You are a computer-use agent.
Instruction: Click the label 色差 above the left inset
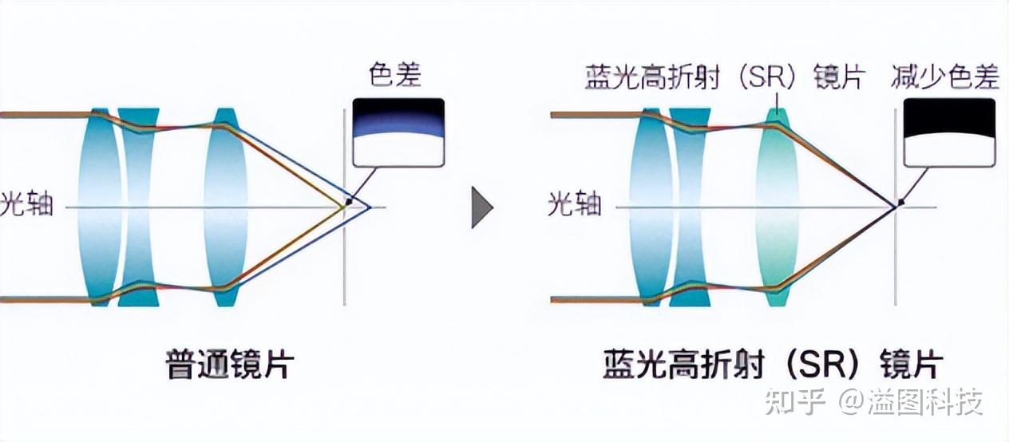click(395, 74)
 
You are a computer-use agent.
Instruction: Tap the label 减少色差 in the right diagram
click(945, 77)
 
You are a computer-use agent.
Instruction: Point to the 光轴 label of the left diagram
click(27, 203)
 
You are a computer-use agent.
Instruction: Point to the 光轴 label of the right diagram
click(574, 203)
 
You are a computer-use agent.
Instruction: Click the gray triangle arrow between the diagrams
click(482, 208)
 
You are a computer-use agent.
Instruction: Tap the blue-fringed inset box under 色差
click(398, 132)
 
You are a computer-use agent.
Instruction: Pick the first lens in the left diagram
click(100, 207)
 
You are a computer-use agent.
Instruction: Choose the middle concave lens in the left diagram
click(138, 207)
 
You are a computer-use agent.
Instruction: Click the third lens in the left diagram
click(225, 207)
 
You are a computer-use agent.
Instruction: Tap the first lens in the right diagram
click(651, 207)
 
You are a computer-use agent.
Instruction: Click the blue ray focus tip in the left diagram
click(370, 207)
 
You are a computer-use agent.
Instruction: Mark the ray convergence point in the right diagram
click(895, 207)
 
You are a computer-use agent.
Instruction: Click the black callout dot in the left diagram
click(349, 202)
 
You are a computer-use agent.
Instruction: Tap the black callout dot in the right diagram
click(901, 202)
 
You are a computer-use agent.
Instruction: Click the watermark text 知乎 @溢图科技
click(874, 401)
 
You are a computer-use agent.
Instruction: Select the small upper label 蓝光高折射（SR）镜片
click(725, 77)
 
